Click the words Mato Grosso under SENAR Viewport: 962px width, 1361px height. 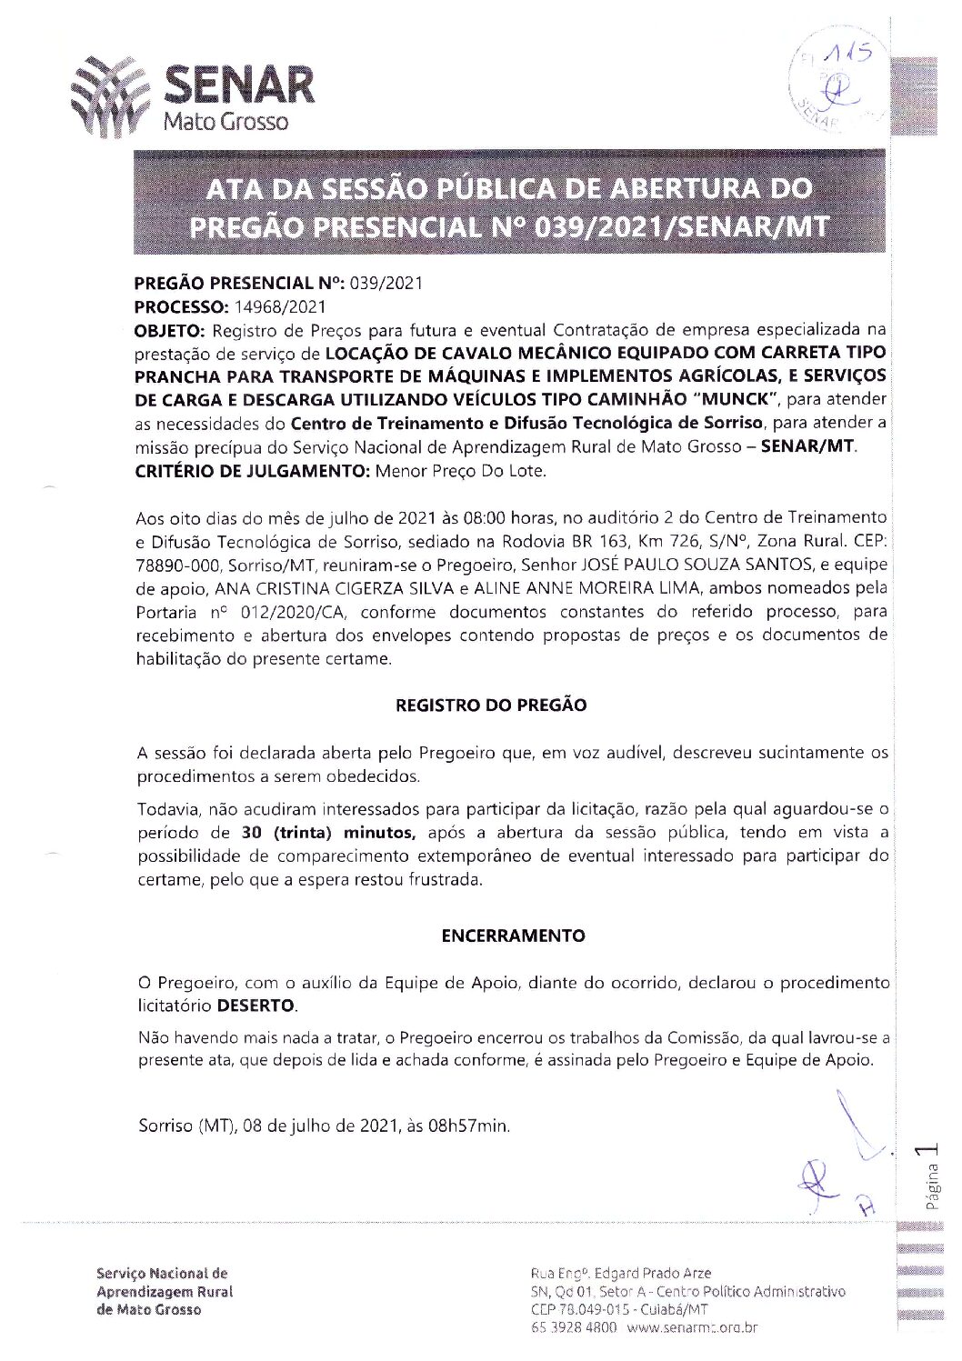pos(225,121)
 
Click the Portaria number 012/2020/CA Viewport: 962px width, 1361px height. pos(265,612)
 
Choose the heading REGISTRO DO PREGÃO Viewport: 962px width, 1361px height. pos(491,705)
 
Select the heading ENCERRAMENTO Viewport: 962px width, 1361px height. pos(513,935)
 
